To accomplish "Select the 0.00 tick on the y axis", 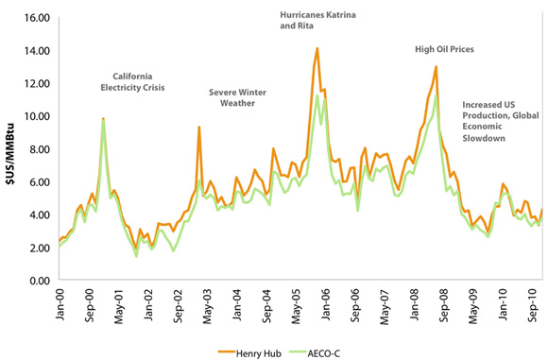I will tap(36, 281).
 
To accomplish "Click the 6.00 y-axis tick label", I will tap(36, 182).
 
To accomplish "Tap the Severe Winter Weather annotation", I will tap(238, 97).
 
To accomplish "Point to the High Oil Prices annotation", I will tap(444, 48).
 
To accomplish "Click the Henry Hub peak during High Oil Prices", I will tap(436, 66).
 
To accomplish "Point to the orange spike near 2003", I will tap(198, 127).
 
